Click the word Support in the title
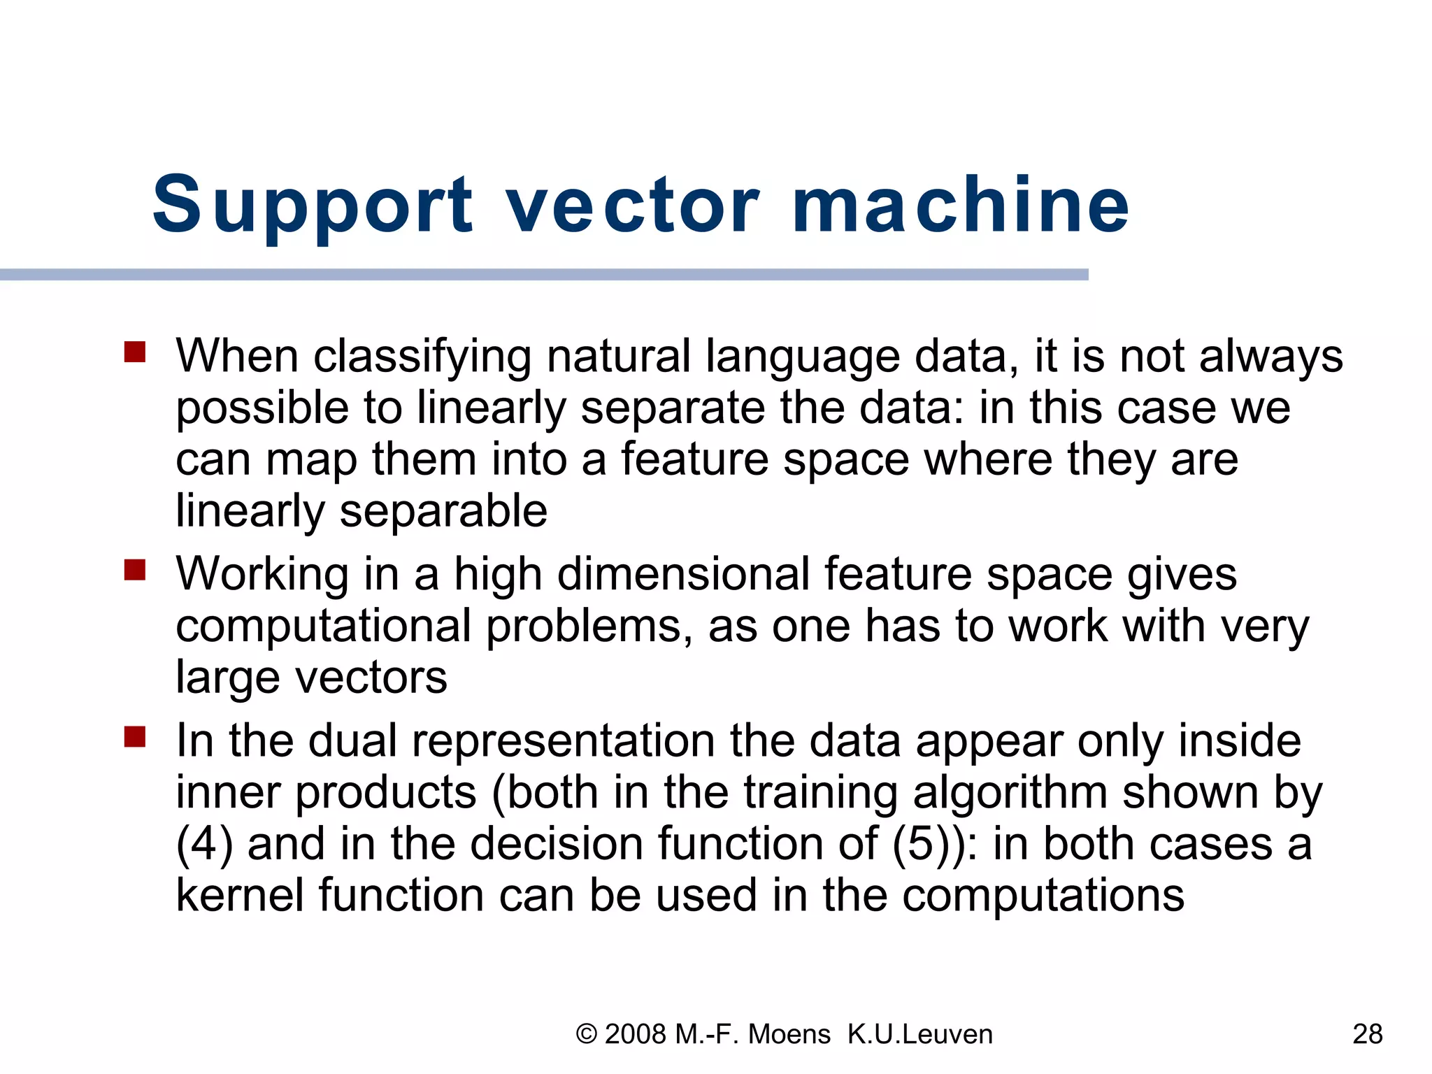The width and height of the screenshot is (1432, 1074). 312,205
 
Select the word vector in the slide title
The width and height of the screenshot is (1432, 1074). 633,205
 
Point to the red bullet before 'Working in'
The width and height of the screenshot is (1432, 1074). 135,570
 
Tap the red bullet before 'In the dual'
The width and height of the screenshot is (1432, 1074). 135,736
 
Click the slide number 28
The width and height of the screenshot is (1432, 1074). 1367,1034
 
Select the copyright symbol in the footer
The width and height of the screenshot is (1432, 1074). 586,1034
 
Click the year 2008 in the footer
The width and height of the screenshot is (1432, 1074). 635,1034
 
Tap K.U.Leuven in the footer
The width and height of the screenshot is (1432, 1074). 919,1034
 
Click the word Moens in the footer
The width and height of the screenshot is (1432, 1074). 789,1034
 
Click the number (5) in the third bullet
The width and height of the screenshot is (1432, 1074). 920,844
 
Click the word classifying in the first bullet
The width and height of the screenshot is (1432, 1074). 422,357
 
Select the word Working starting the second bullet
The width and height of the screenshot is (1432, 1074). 262,574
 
